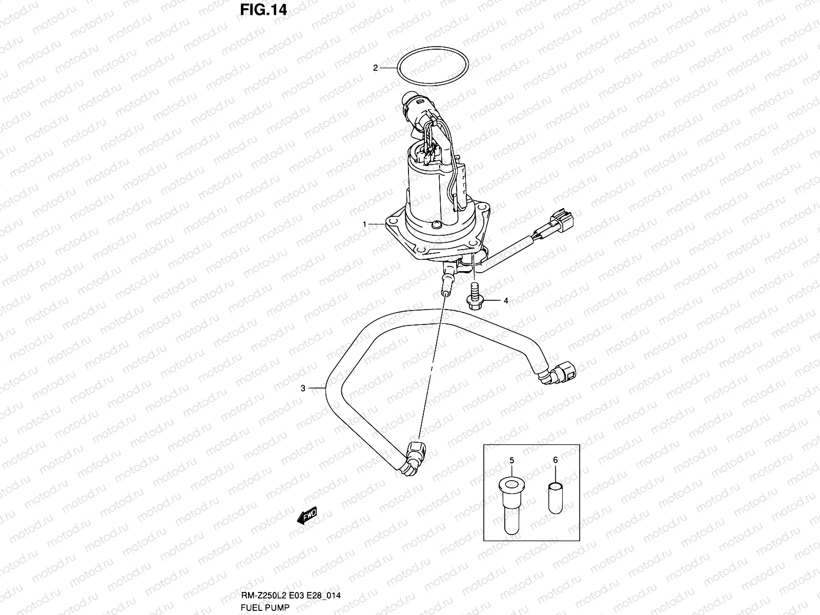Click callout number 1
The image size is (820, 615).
pos(364,224)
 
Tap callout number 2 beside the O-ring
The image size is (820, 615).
pos(375,68)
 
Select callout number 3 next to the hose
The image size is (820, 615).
pos(303,388)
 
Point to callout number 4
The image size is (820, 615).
pos(506,301)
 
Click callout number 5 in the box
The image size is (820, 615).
pos(511,460)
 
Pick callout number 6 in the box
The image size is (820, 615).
pos(556,460)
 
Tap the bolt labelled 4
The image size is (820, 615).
pos(472,297)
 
